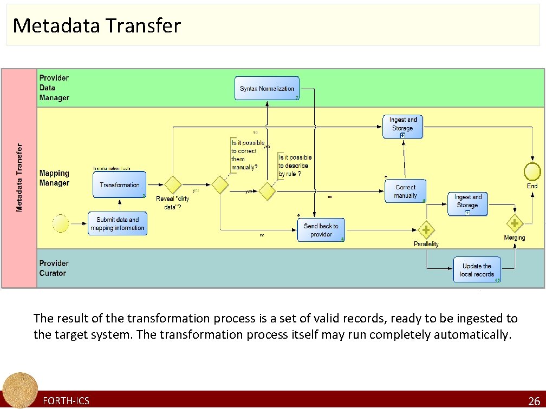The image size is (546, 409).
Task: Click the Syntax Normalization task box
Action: point(267,89)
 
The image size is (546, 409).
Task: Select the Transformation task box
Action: point(120,184)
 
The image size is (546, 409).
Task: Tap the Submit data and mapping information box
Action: point(118,223)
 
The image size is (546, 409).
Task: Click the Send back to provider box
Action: point(321,230)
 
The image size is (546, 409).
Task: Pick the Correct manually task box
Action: point(405,192)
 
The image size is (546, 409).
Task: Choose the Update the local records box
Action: point(477,270)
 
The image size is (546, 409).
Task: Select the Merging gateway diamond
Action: point(514,223)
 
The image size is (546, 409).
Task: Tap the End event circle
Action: point(532,171)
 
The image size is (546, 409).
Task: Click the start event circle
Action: point(61,223)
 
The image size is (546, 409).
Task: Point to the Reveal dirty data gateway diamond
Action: point(173,185)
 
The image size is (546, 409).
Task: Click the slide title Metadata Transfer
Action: point(96,25)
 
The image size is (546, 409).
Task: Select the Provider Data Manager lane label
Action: point(54,88)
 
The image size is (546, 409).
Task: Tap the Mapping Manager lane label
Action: point(54,178)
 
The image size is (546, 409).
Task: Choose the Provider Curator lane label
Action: point(54,268)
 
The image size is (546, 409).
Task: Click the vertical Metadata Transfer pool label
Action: point(19,178)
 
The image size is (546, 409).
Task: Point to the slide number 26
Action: point(534,401)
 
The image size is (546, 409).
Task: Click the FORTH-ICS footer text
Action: point(66,401)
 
